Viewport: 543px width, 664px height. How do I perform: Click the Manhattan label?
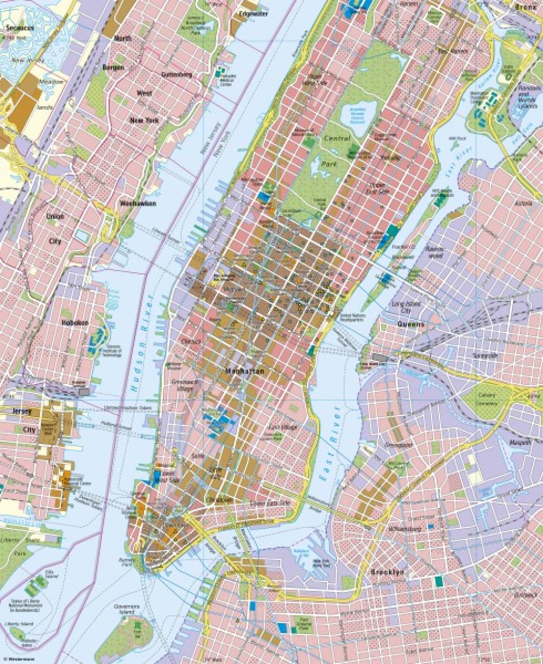coord(245,372)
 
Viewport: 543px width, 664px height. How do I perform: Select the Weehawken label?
coord(138,203)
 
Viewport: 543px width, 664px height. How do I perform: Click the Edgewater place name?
coord(254,14)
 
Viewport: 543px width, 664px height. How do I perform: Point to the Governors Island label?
coord(127,609)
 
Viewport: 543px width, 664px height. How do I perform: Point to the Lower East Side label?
coord(270,503)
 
